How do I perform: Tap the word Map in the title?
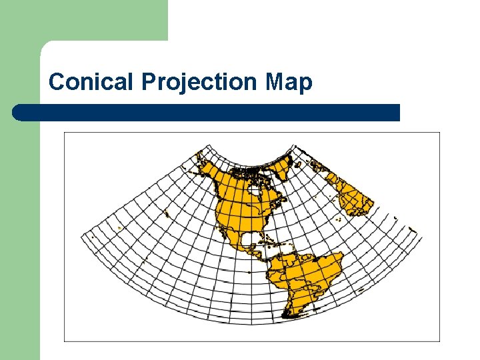point(288,82)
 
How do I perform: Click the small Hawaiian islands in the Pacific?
point(165,213)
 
